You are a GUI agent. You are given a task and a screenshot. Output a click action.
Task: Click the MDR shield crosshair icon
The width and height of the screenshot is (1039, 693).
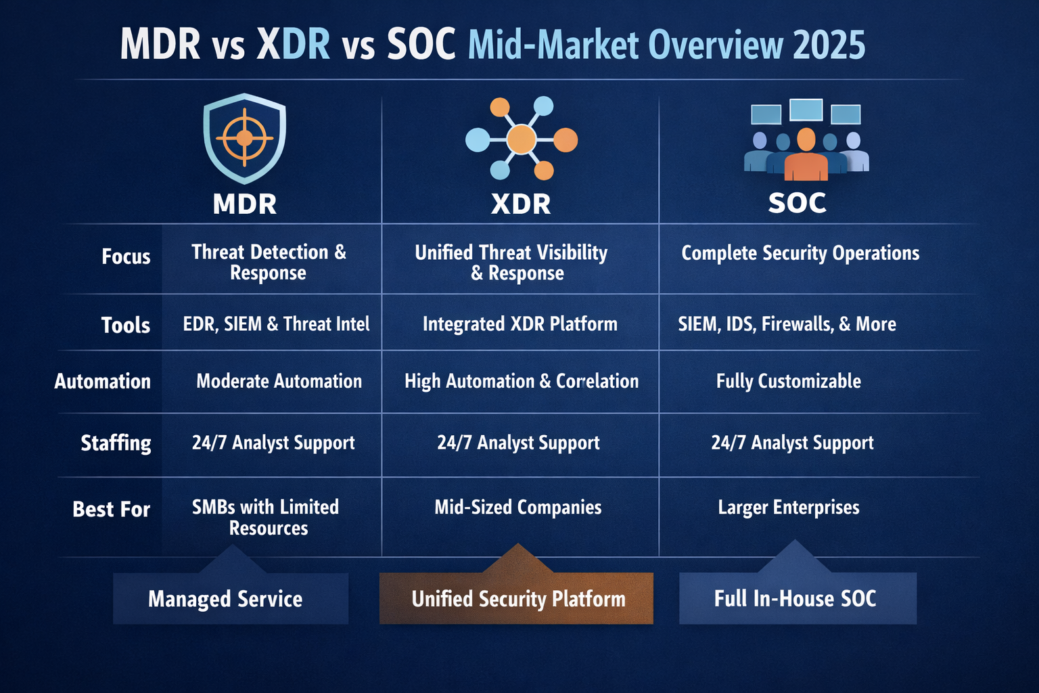[244, 138]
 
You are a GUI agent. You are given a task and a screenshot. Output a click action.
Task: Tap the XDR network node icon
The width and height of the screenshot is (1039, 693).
[521, 139]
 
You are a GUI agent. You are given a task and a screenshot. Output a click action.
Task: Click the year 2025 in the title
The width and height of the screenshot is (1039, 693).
[829, 45]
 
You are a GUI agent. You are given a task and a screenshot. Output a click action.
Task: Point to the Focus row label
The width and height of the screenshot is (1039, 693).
[126, 256]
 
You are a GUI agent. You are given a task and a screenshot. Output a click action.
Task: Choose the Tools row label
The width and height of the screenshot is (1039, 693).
[126, 325]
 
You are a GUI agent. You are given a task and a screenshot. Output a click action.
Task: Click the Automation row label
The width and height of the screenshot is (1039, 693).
[103, 382]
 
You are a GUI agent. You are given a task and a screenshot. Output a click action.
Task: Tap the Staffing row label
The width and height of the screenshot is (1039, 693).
[116, 443]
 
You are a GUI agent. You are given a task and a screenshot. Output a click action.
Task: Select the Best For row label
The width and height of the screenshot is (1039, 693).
[112, 509]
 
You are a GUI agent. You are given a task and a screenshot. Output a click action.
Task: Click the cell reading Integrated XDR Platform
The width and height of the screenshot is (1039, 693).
[519, 324]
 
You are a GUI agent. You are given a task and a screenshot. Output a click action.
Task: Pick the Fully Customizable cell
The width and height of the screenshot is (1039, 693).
[788, 382]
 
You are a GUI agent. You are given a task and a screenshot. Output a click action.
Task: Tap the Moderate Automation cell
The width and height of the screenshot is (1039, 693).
[279, 382]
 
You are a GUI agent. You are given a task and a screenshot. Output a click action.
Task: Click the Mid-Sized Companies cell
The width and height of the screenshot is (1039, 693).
[518, 508]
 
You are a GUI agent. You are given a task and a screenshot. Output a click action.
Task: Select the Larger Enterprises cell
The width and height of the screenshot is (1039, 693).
[789, 508]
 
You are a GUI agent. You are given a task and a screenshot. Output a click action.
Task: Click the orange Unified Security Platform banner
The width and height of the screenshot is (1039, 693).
[517, 599]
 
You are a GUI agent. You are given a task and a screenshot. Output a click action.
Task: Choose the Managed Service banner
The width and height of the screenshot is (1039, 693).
[225, 599]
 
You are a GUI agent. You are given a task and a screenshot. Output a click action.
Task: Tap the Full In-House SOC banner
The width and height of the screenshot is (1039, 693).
[795, 599]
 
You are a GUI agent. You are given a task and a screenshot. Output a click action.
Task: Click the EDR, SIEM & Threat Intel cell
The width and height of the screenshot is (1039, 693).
[276, 324]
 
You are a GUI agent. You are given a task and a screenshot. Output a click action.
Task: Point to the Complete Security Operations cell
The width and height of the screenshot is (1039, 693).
[800, 253]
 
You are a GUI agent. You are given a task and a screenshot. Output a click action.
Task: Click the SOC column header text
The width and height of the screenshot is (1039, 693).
[797, 203]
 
